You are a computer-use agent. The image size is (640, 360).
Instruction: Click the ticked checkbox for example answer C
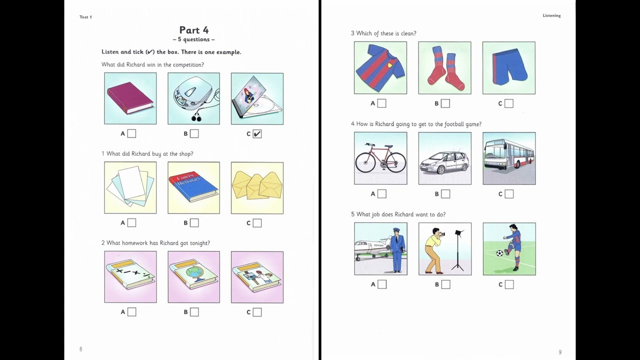pyautogui.click(x=257, y=133)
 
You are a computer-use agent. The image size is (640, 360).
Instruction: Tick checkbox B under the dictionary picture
pyautogui.click(x=194, y=223)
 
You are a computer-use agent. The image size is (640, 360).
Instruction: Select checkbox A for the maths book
pyautogui.click(x=131, y=312)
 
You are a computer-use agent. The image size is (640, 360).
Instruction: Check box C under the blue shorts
pyautogui.click(x=509, y=103)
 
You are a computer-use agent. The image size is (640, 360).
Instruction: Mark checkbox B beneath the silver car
pyautogui.click(x=445, y=194)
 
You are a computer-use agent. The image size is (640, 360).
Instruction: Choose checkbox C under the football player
pyautogui.click(x=509, y=284)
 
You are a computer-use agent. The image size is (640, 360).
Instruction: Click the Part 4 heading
pyautogui.click(x=194, y=30)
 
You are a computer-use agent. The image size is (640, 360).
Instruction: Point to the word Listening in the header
pyautogui.click(x=551, y=15)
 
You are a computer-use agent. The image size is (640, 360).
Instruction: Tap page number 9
pyautogui.click(x=560, y=352)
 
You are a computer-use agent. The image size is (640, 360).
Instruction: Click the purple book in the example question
pyautogui.click(x=130, y=98)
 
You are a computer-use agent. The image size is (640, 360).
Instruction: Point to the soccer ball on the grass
pyautogui.click(x=499, y=253)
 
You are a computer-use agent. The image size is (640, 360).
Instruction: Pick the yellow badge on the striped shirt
pyautogui.click(x=389, y=64)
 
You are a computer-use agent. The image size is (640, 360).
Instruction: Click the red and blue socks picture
pyautogui.click(x=445, y=67)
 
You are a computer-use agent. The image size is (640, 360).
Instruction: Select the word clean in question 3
pyautogui.click(x=408, y=33)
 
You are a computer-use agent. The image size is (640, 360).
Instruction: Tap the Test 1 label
pyautogui.click(x=85, y=17)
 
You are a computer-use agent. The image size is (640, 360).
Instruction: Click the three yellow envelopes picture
pyautogui.click(x=257, y=188)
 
